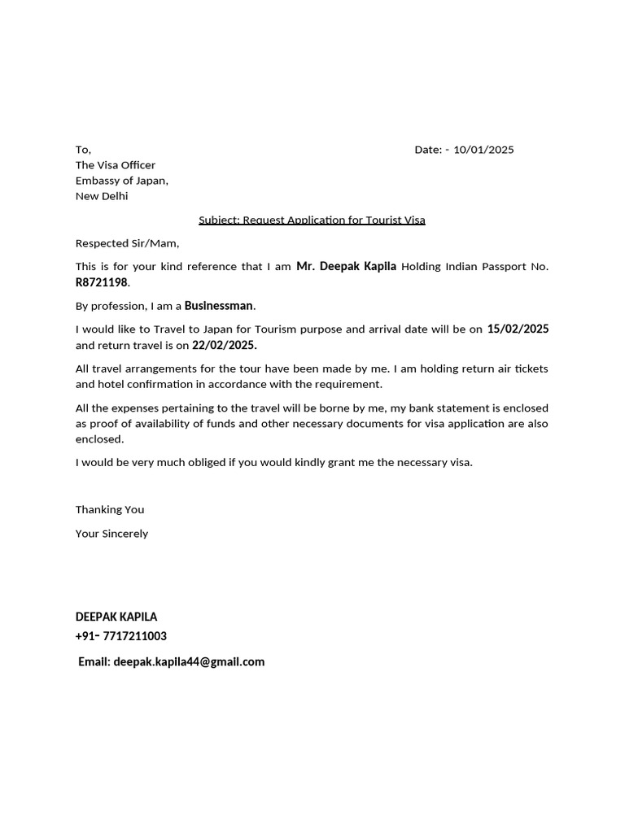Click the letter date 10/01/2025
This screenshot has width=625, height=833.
pos(483,150)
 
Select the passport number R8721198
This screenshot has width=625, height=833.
pos(102,282)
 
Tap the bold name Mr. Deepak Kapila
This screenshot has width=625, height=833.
pos(346,266)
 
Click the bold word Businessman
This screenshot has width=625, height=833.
pos(219,306)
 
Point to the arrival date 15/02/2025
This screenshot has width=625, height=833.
pos(518,329)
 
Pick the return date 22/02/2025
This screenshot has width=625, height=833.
pos(224,345)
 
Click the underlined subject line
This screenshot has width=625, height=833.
pos(312,220)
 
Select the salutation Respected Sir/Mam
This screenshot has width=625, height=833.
pos(127,243)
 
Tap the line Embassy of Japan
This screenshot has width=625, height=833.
pos(121,181)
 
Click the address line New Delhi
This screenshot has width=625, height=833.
pos(102,196)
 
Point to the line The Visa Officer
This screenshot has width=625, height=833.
pos(116,165)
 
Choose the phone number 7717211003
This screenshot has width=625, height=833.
pos(135,636)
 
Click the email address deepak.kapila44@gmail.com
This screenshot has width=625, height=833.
pos(189,661)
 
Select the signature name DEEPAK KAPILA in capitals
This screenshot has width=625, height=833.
pos(116,617)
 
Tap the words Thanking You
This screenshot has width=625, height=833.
pos(110,509)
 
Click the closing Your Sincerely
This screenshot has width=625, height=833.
pos(111,534)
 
